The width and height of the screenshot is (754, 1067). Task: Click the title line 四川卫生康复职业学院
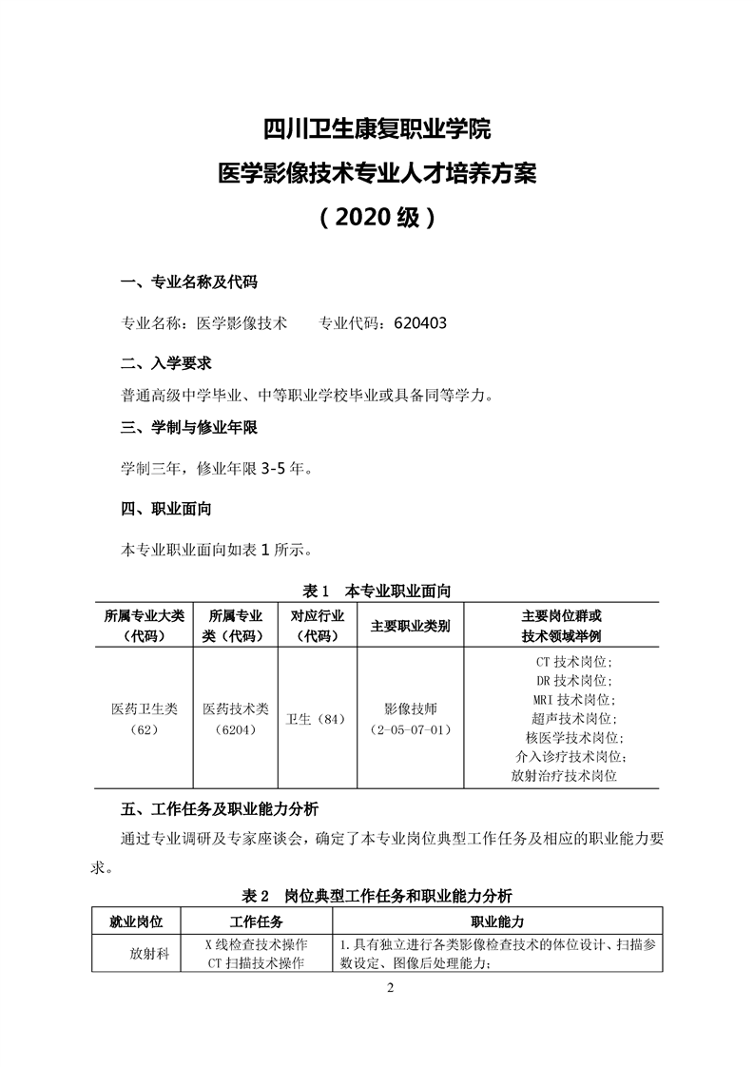click(377, 127)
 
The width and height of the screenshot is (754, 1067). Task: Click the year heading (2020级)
click(377, 218)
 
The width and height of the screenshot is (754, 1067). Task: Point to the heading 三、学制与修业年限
click(189, 428)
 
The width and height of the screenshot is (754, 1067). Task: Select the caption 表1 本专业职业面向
click(376, 591)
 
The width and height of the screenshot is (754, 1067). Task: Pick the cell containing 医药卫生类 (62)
click(144, 719)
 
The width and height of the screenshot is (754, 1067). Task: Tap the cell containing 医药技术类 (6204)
click(235, 719)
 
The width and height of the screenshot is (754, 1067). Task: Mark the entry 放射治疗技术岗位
click(564, 776)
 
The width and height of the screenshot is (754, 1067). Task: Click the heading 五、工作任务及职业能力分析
click(220, 810)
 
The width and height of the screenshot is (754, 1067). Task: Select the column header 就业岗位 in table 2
click(137, 922)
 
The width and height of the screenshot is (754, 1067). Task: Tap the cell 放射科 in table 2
click(149, 954)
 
